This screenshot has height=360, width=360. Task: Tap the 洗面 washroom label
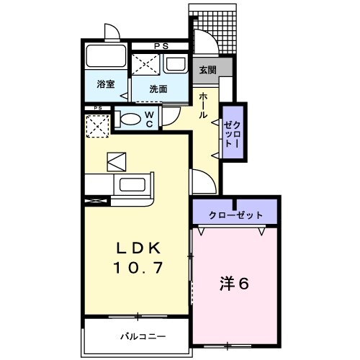tap(158, 89)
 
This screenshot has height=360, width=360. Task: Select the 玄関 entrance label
tap(207, 70)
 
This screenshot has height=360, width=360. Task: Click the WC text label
tap(149, 118)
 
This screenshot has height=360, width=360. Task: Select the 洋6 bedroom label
tap(234, 283)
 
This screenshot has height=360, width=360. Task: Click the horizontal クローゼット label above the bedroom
tap(235, 215)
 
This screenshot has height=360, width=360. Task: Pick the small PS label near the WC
tap(96, 109)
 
